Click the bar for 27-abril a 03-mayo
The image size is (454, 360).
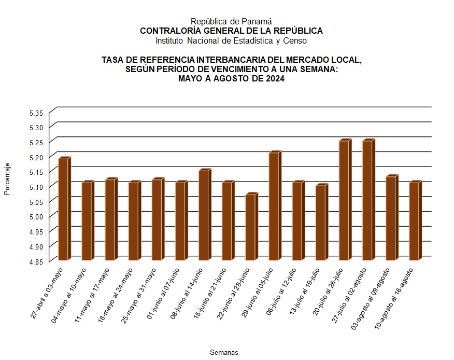(63, 209)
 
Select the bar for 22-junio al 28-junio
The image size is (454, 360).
(250, 227)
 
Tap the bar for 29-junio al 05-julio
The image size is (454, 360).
(274, 206)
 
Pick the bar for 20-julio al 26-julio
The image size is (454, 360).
(344, 200)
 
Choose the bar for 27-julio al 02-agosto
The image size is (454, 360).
(367, 200)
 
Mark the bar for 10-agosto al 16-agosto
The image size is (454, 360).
(414, 221)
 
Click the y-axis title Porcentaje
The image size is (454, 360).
(7, 179)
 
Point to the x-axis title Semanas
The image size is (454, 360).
(224, 352)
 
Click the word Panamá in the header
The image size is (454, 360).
(258, 21)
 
